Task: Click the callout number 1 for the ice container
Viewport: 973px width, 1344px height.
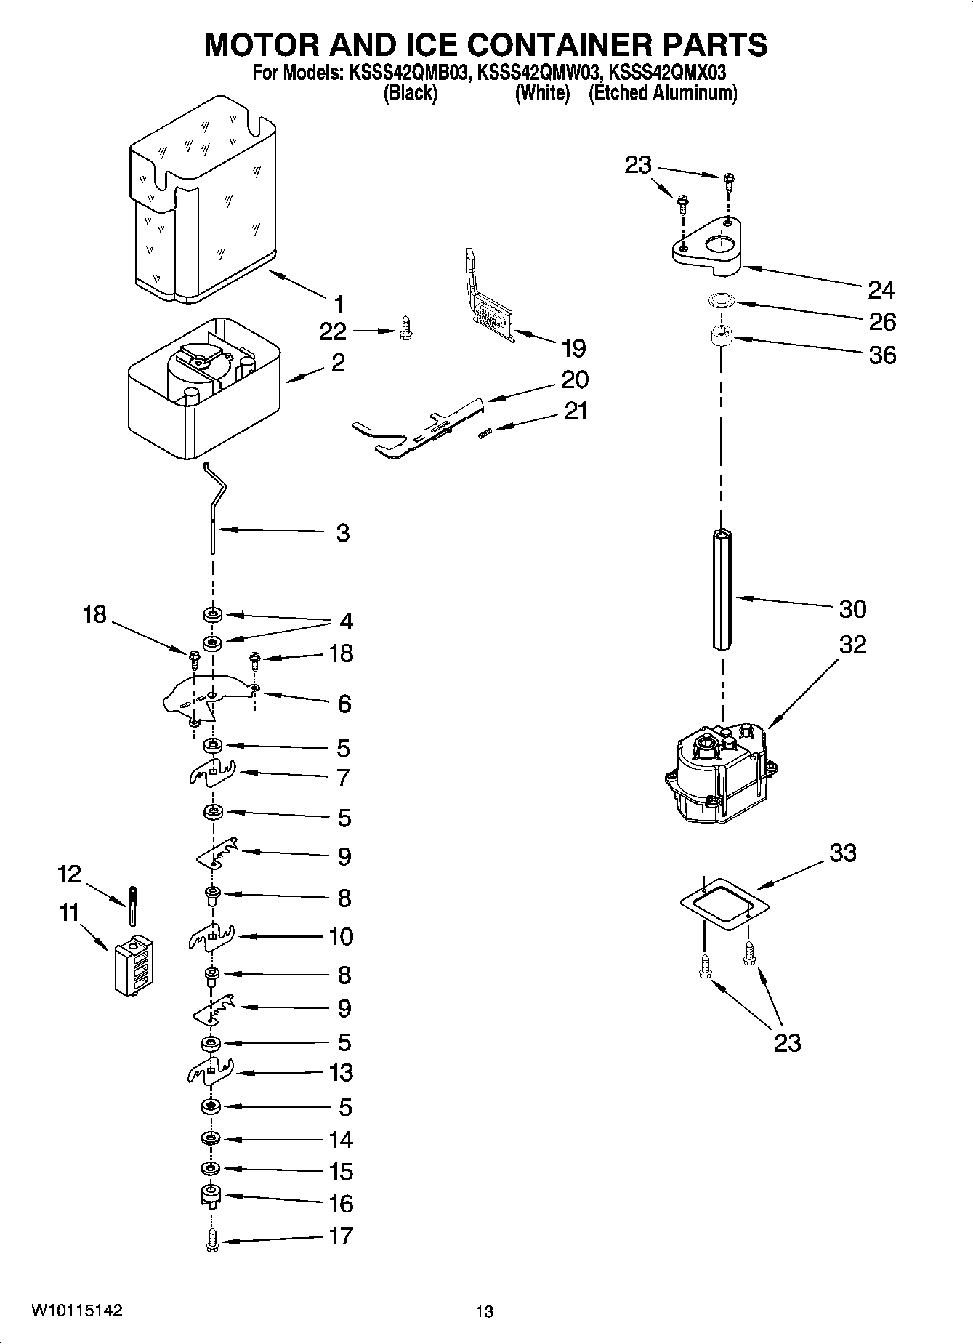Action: tap(339, 305)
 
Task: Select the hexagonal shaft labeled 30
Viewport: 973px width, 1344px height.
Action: tap(722, 589)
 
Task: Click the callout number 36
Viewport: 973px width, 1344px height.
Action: tap(882, 355)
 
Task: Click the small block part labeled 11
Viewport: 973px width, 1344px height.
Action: tap(134, 964)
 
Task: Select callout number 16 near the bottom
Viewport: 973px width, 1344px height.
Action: tap(341, 1203)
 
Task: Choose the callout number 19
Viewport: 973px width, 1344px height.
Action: tap(573, 348)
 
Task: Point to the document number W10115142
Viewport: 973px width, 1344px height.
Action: tap(77, 1311)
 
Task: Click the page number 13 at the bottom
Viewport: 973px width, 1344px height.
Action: tap(485, 1311)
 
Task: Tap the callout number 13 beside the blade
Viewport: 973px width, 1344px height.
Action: tap(341, 1072)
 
